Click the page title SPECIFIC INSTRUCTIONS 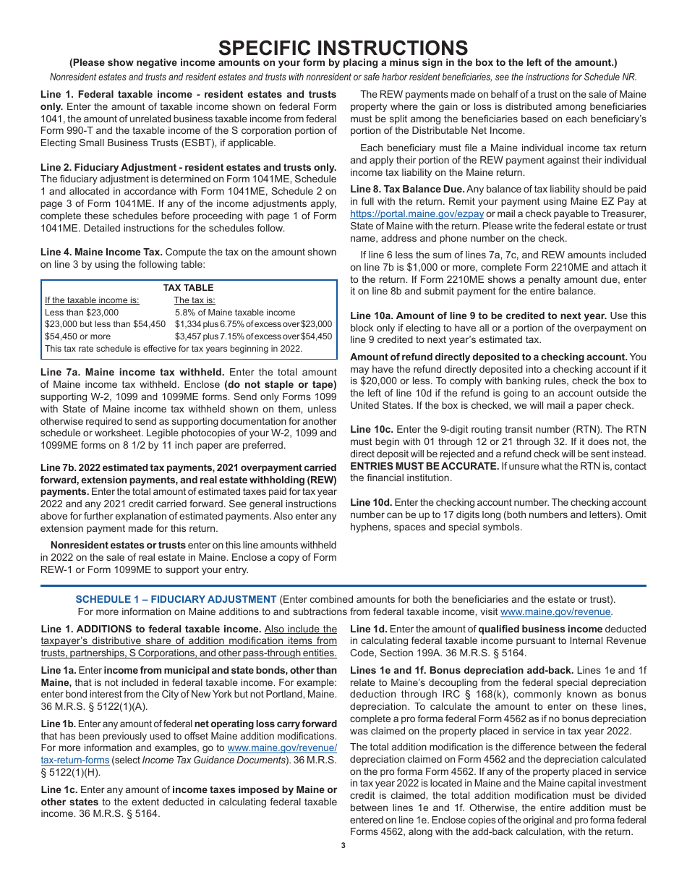343,48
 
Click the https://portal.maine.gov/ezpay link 417,214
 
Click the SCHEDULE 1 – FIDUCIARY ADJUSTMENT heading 176,599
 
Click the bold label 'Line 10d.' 371,502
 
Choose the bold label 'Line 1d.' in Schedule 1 368,629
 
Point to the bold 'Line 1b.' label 58,724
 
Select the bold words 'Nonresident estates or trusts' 118,545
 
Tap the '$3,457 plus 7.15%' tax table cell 253,336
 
